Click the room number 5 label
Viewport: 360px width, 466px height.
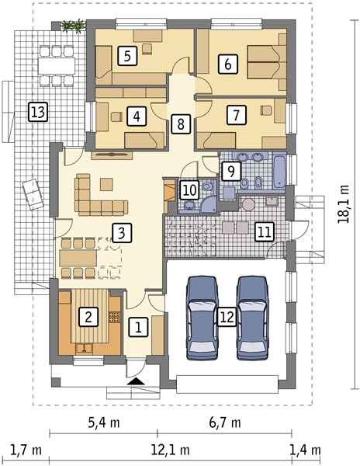coord(127,56)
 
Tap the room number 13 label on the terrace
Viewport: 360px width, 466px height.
coord(38,112)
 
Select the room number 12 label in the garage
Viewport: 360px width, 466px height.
coord(227,317)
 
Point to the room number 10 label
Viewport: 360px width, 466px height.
coord(189,190)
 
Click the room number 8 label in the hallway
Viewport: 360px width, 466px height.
coord(181,123)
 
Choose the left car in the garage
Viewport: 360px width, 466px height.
coord(202,318)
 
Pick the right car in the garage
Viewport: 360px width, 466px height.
coord(253,318)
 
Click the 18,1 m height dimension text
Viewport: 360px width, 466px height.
coord(344,203)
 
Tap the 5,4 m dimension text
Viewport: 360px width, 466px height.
coord(104,422)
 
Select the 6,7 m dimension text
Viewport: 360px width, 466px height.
coord(225,422)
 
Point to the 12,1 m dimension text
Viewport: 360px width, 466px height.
coord(171,450)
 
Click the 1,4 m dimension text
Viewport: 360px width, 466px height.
coord(306,450)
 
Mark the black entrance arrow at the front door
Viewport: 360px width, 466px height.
coord(136,381)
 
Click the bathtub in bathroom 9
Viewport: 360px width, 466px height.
coord(279,170)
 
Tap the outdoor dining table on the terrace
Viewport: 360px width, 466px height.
coord(57,65)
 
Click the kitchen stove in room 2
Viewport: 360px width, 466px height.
coord(114,317)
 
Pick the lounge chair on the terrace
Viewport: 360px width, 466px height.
coord(33,195)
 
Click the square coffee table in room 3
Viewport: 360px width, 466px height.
coord(106,184)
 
